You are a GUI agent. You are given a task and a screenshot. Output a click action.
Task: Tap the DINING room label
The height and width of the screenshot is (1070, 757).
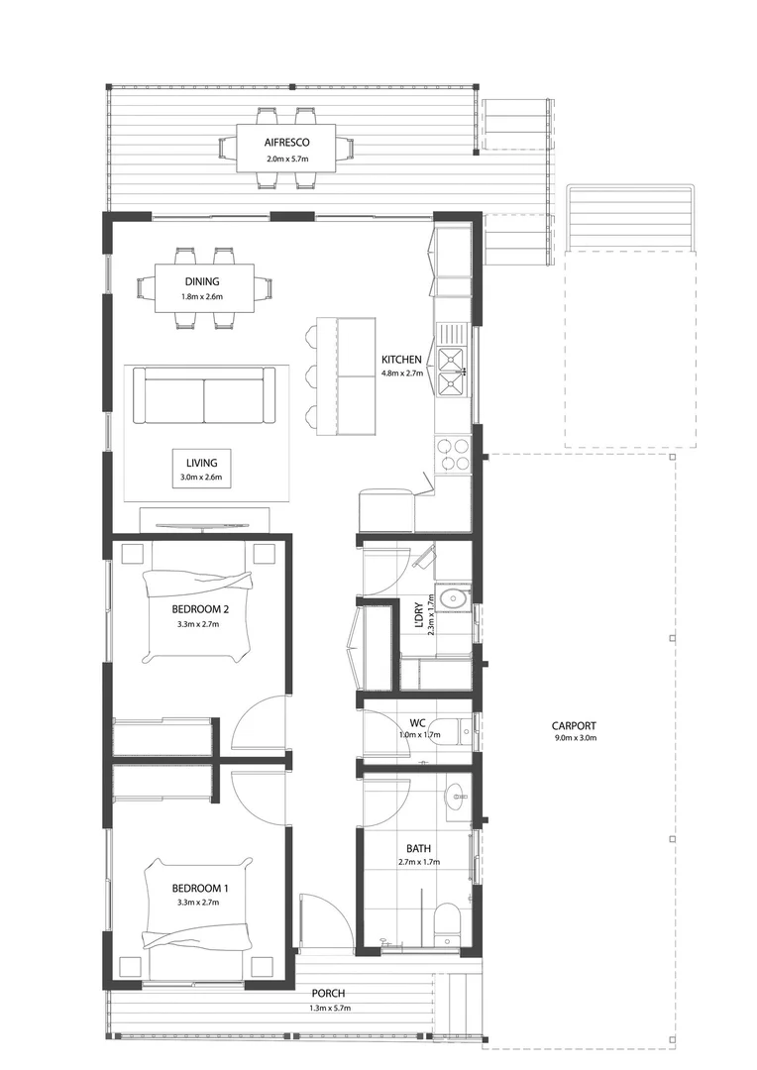coord(201,281)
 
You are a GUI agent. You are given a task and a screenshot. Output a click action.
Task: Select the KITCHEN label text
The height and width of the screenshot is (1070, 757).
coord(402,360)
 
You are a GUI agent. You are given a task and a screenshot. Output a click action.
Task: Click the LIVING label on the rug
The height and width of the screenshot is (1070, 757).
coord(201,462)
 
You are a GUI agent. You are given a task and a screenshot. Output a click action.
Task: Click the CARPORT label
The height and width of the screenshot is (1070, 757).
coord(575,725)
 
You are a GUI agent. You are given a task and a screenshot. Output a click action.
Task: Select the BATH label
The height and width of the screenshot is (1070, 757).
coord(417,849)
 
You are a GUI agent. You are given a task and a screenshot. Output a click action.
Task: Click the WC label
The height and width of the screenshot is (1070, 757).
coord(417,722)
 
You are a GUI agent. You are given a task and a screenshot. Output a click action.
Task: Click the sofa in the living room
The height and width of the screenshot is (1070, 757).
coord(204,396)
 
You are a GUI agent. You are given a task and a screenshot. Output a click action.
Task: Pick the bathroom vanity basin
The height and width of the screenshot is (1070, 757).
coord(456,795)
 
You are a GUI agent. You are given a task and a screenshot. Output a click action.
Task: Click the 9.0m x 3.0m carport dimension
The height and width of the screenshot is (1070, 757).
coord(575,738)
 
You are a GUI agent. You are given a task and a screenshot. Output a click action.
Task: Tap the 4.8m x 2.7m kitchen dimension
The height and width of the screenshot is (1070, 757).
coord(402,374)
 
